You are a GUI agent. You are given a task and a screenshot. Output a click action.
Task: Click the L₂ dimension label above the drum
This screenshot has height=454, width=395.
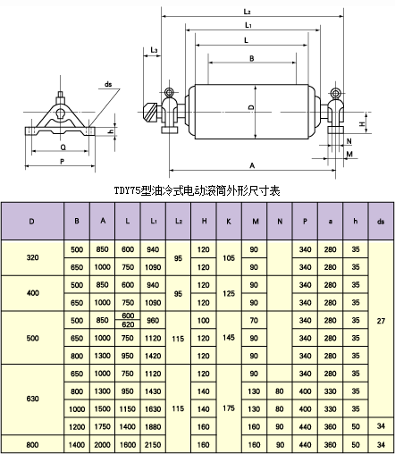247,12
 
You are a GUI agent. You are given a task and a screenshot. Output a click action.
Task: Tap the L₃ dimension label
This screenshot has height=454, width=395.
154,50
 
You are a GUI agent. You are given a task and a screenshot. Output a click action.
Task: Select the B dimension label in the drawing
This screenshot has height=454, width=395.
252,58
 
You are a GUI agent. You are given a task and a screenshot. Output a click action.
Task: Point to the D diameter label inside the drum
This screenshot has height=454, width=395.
252,107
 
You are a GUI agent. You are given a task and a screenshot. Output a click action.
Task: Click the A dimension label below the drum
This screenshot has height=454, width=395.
252,165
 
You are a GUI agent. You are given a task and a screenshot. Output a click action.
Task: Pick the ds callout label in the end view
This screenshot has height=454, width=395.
108,84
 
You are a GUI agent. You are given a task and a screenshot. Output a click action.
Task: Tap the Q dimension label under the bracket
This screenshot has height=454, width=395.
63,147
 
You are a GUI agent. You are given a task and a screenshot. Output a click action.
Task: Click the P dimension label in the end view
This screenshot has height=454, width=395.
63,162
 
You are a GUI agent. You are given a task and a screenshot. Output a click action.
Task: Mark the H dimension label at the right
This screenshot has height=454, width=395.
362,123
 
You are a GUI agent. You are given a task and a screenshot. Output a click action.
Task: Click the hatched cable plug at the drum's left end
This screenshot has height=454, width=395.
151,113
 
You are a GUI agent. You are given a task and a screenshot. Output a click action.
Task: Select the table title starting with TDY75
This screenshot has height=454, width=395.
197,190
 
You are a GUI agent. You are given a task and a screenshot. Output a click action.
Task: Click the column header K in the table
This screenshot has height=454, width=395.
229,222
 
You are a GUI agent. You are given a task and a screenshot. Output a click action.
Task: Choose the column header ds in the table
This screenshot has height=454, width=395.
381,222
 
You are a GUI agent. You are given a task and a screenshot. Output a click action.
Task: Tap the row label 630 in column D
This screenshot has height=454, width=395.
32,399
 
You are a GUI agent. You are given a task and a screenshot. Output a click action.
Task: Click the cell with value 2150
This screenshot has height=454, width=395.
153,445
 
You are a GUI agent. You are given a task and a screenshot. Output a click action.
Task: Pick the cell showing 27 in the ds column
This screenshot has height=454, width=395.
381,321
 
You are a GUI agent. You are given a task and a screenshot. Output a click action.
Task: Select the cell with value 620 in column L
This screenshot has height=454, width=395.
128,324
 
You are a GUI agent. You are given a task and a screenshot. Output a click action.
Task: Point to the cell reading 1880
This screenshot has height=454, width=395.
153,427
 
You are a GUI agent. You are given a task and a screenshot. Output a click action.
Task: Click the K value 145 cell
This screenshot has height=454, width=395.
229,338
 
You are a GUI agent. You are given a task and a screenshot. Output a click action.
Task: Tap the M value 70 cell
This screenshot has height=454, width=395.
254,321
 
